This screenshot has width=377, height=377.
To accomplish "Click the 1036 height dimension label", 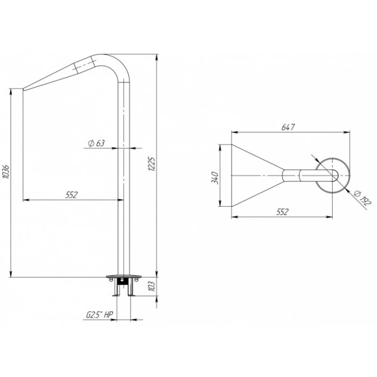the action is coord(6,172).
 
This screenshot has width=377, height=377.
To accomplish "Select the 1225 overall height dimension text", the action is coord(152,164).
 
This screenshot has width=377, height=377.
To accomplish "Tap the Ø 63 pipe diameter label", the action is coord(96,143).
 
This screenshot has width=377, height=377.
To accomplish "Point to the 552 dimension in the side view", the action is coord(72,195).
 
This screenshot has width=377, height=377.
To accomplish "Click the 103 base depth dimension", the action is coord(152,287).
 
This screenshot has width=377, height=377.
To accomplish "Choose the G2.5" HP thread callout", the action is coord(100,315).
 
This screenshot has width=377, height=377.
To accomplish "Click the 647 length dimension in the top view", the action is coord(288,127).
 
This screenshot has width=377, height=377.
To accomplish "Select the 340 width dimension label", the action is coord(215,178).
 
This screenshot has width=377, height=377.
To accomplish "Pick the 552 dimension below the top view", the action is coord(282,212).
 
